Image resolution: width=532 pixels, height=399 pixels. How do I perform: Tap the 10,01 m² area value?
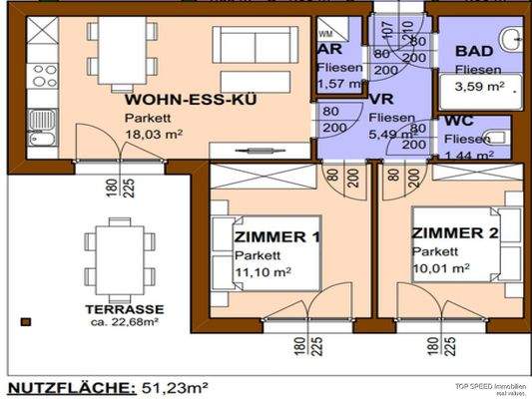(x=440, y=267)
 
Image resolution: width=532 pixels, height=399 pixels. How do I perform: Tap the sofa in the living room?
(x=255, y=44)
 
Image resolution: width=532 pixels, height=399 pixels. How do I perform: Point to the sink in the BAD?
(x=511, y=40)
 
